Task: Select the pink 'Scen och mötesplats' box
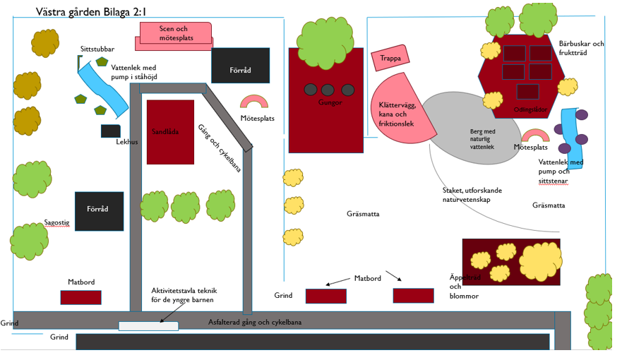177,33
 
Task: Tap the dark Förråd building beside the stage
240,66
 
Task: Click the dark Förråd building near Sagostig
100,210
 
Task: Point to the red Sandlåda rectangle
170,132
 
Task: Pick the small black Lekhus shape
110,131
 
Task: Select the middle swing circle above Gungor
328,90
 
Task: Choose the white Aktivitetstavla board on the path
148,326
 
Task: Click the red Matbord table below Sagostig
80,297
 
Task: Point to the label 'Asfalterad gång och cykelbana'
255,322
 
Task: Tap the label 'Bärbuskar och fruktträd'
581,48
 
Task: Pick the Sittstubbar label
97,49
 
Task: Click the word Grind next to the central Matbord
284,295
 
